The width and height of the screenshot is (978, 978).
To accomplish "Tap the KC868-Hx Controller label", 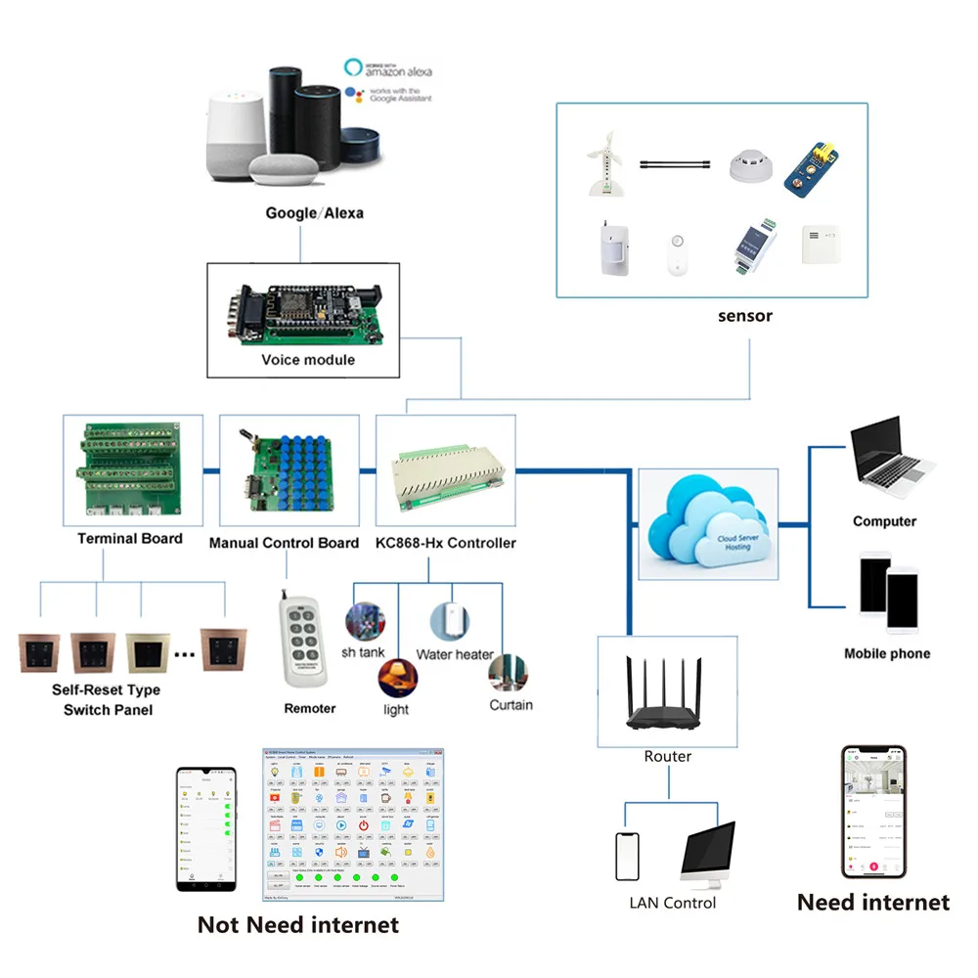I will pos(446,542).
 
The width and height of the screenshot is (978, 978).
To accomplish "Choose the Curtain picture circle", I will pos(510,673).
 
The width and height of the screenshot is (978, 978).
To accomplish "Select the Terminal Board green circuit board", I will pos(131,470).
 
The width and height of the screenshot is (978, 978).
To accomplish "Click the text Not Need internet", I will pos(298,924).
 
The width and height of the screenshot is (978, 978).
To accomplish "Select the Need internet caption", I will pos(873,902).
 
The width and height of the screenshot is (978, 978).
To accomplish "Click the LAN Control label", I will pos(673,903).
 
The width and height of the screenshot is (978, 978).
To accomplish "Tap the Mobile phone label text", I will pos(887,653).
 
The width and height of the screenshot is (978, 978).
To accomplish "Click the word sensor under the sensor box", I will pos(744,316).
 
